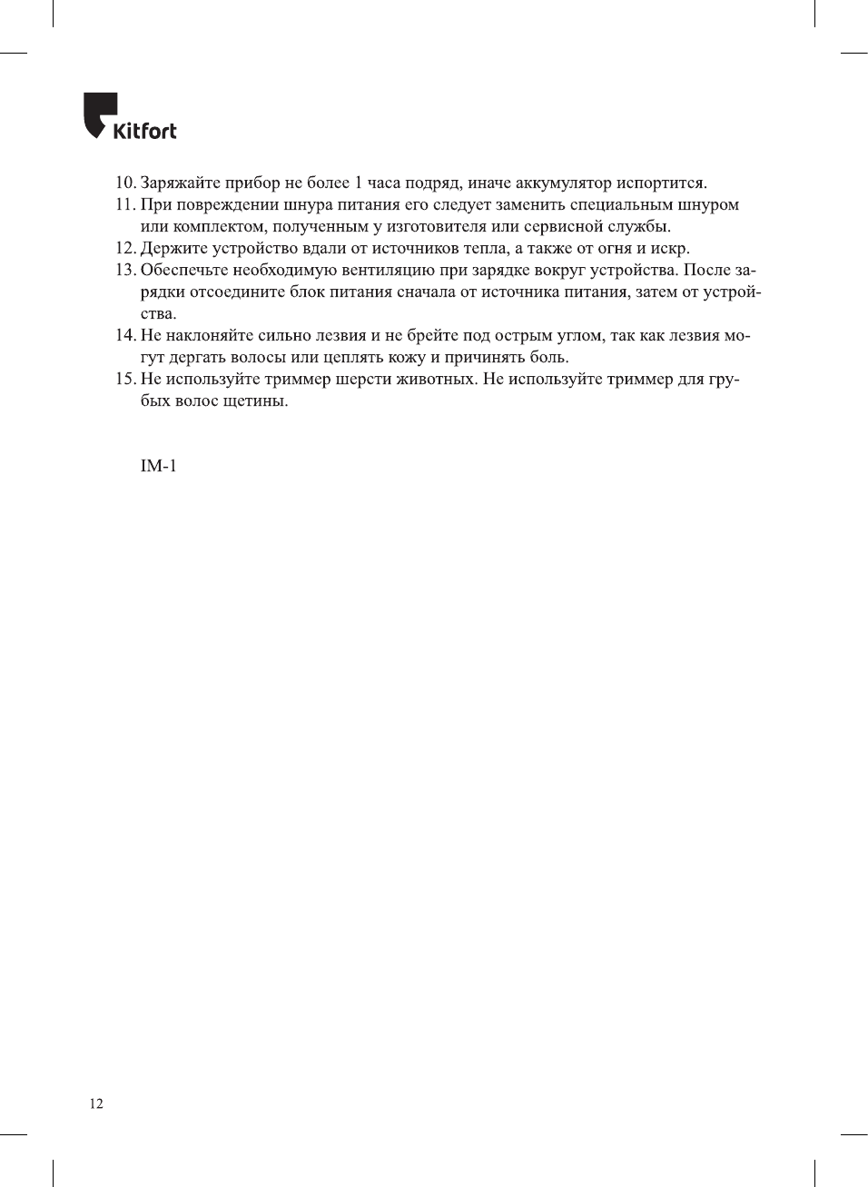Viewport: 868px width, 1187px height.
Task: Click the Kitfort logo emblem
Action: (x=99, y=113)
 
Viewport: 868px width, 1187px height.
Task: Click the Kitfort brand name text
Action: (x=144, y=131)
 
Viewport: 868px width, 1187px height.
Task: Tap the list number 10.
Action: (x=124, y=183)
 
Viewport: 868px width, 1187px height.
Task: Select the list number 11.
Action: (x=124, y=205)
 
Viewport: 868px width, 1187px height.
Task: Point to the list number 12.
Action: (x=124, y=249)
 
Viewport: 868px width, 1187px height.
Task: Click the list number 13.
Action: (x=124, y=271)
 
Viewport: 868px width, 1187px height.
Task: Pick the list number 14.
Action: (x=124, y=336)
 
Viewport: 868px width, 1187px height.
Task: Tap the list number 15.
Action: (x=124, y=380)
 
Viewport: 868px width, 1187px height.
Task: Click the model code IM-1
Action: (x=158, y=467)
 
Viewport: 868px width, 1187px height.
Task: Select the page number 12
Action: (x=96, y=1104)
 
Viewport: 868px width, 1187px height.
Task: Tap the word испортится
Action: (x=661, y=183)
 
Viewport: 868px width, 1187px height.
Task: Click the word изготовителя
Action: (x=436, y=227)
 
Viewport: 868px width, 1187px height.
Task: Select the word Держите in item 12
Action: (x=170, y=249)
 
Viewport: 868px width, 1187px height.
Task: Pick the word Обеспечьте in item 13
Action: (x=184, y=271)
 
